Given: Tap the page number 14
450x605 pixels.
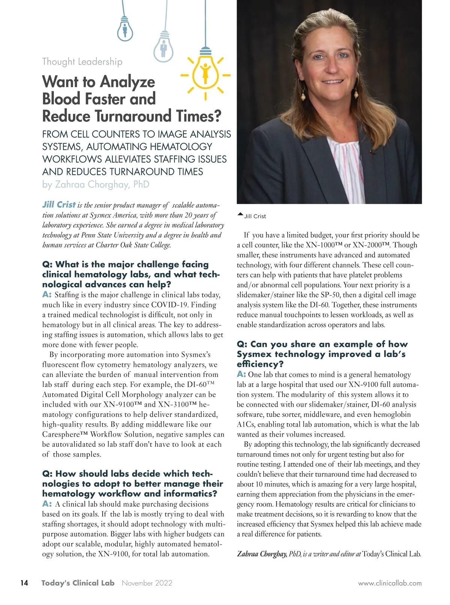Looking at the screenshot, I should click(x=24, y=583).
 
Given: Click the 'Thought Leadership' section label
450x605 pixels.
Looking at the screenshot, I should click(x=82, y=62).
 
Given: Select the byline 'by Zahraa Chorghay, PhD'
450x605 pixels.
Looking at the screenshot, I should click(x=96, y=185).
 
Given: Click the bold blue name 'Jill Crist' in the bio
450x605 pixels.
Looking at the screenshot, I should click(x=59, y=205).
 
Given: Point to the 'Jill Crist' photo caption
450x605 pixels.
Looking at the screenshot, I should click(x=255, y=216).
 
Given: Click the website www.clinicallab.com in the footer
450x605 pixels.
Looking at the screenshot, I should click(x=390, y=583).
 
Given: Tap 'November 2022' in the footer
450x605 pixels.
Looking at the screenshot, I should click(x=147, y=583).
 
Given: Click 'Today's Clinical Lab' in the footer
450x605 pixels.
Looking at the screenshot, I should click(x=78, y=583).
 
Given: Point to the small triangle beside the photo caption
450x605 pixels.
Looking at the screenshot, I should click(x=240, y=215).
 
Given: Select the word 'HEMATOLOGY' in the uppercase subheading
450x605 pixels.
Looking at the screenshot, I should click(x=181, y=147).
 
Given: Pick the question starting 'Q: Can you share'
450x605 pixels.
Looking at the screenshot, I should click(x=322, y=354).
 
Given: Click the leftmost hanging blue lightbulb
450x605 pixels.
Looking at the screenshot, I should click(x=125, y=30).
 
